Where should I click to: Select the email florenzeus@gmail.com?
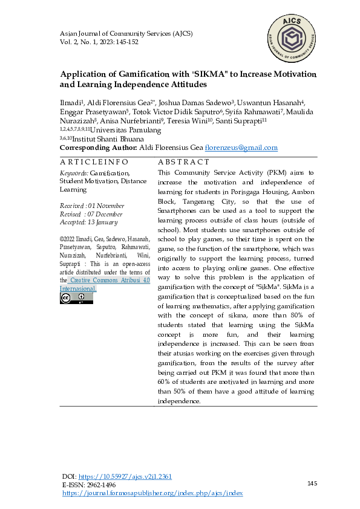click(x=241, y=148)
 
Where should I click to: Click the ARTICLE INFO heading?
click(x=94, y=162)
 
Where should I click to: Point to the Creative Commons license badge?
click(x=68, y=298)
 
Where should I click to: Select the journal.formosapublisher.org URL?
click(x=152, y=493)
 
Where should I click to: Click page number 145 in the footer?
click(x=312, y=483)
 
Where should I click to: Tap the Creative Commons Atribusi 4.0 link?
click(x=106, y=280)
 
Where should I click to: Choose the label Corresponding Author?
click(x=98, y=148)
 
